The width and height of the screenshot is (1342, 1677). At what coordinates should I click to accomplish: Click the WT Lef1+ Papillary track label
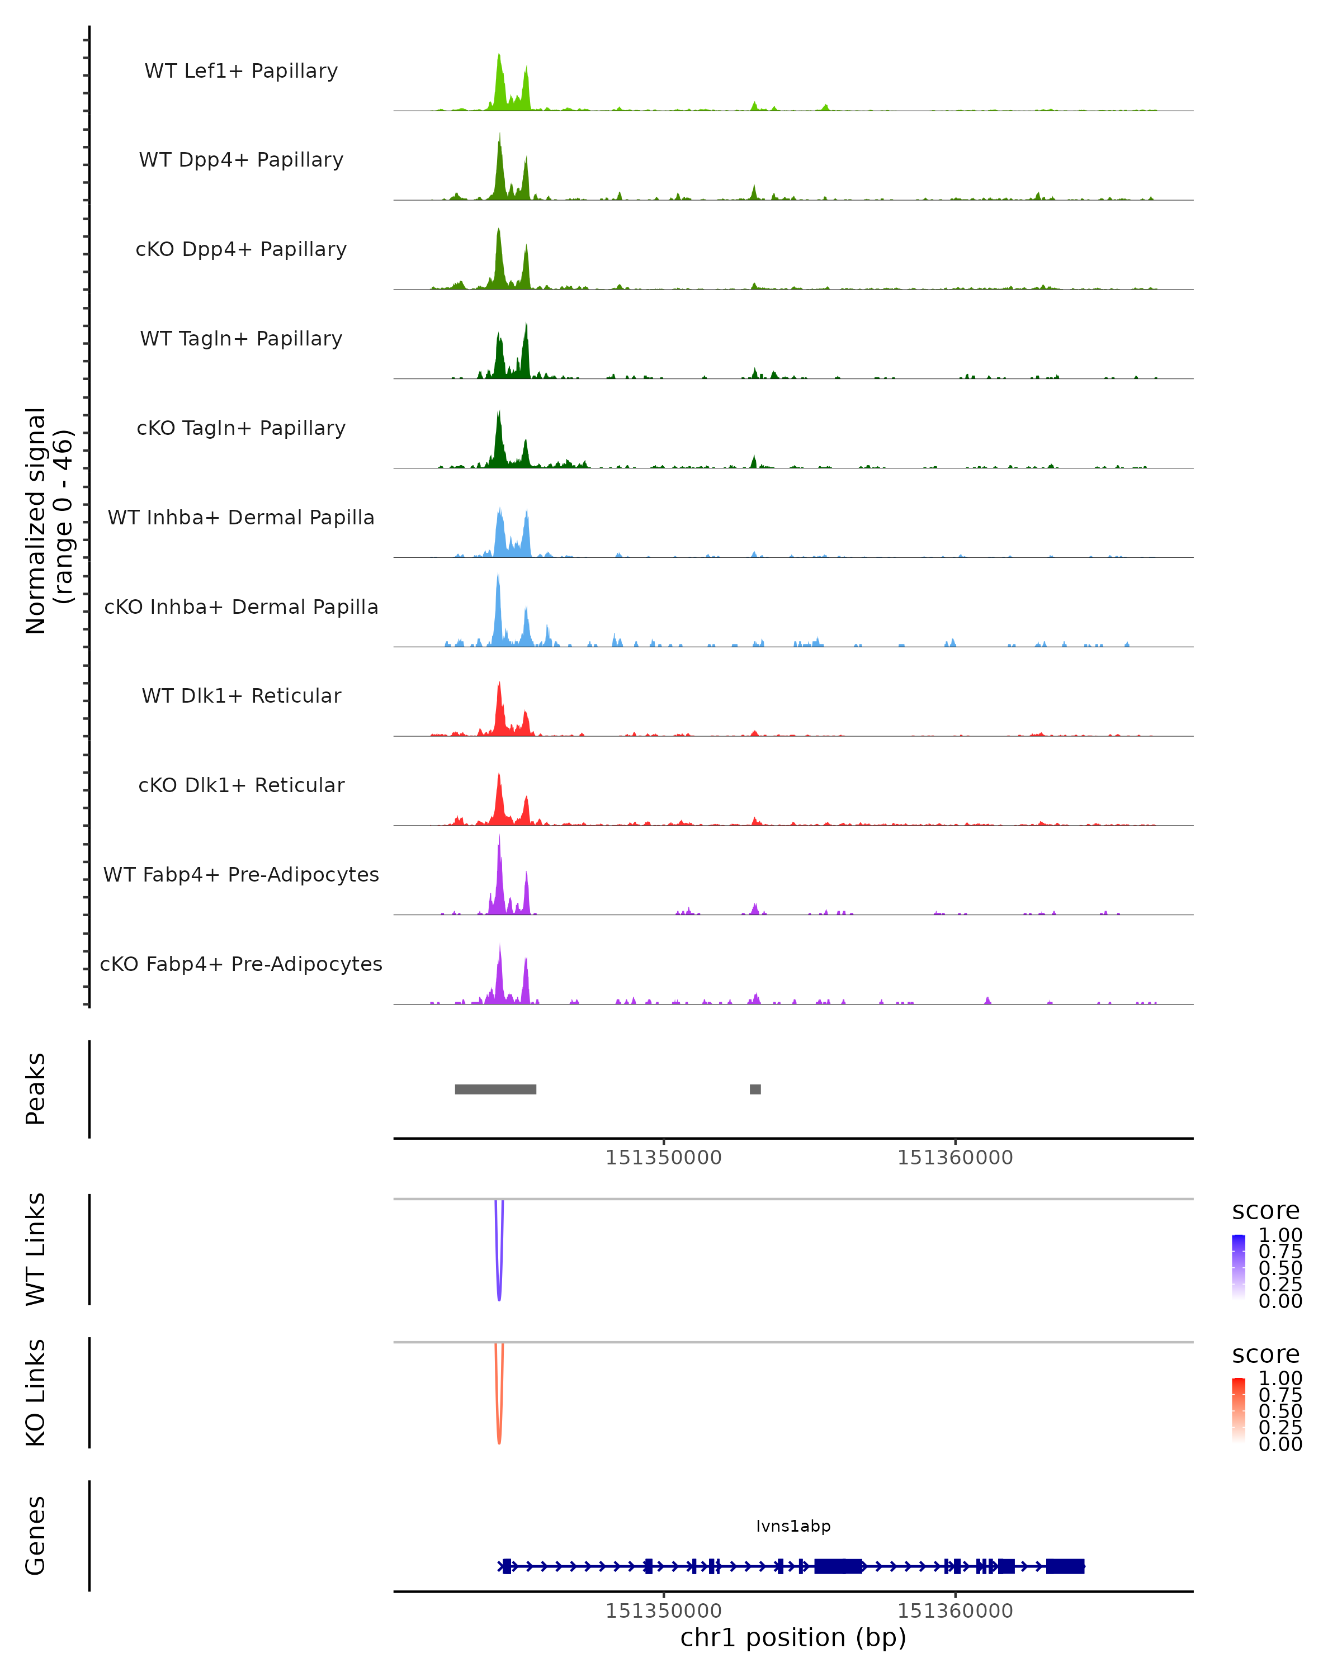pos(241,71)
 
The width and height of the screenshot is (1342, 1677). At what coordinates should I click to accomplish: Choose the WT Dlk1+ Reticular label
pos(241,695)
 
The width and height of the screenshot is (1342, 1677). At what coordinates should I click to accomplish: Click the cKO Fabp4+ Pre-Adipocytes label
pos(241,964)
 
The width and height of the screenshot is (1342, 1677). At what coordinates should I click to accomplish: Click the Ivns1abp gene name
pos(793,1526)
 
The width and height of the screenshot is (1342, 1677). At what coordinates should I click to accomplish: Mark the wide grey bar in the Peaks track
pos(495,1089)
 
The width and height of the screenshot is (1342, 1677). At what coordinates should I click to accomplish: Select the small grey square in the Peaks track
pos(755,1089)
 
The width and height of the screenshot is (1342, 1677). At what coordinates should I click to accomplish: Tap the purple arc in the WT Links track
pos(499,1276)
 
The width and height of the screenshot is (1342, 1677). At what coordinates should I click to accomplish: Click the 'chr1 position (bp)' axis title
pos(793,1637)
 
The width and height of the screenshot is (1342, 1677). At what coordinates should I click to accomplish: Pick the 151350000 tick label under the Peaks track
pos(664,1158)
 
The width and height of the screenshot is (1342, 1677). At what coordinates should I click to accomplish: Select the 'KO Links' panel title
pos(36,1392)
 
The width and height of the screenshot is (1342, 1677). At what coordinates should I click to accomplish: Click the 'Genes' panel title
pos(36,1536)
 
